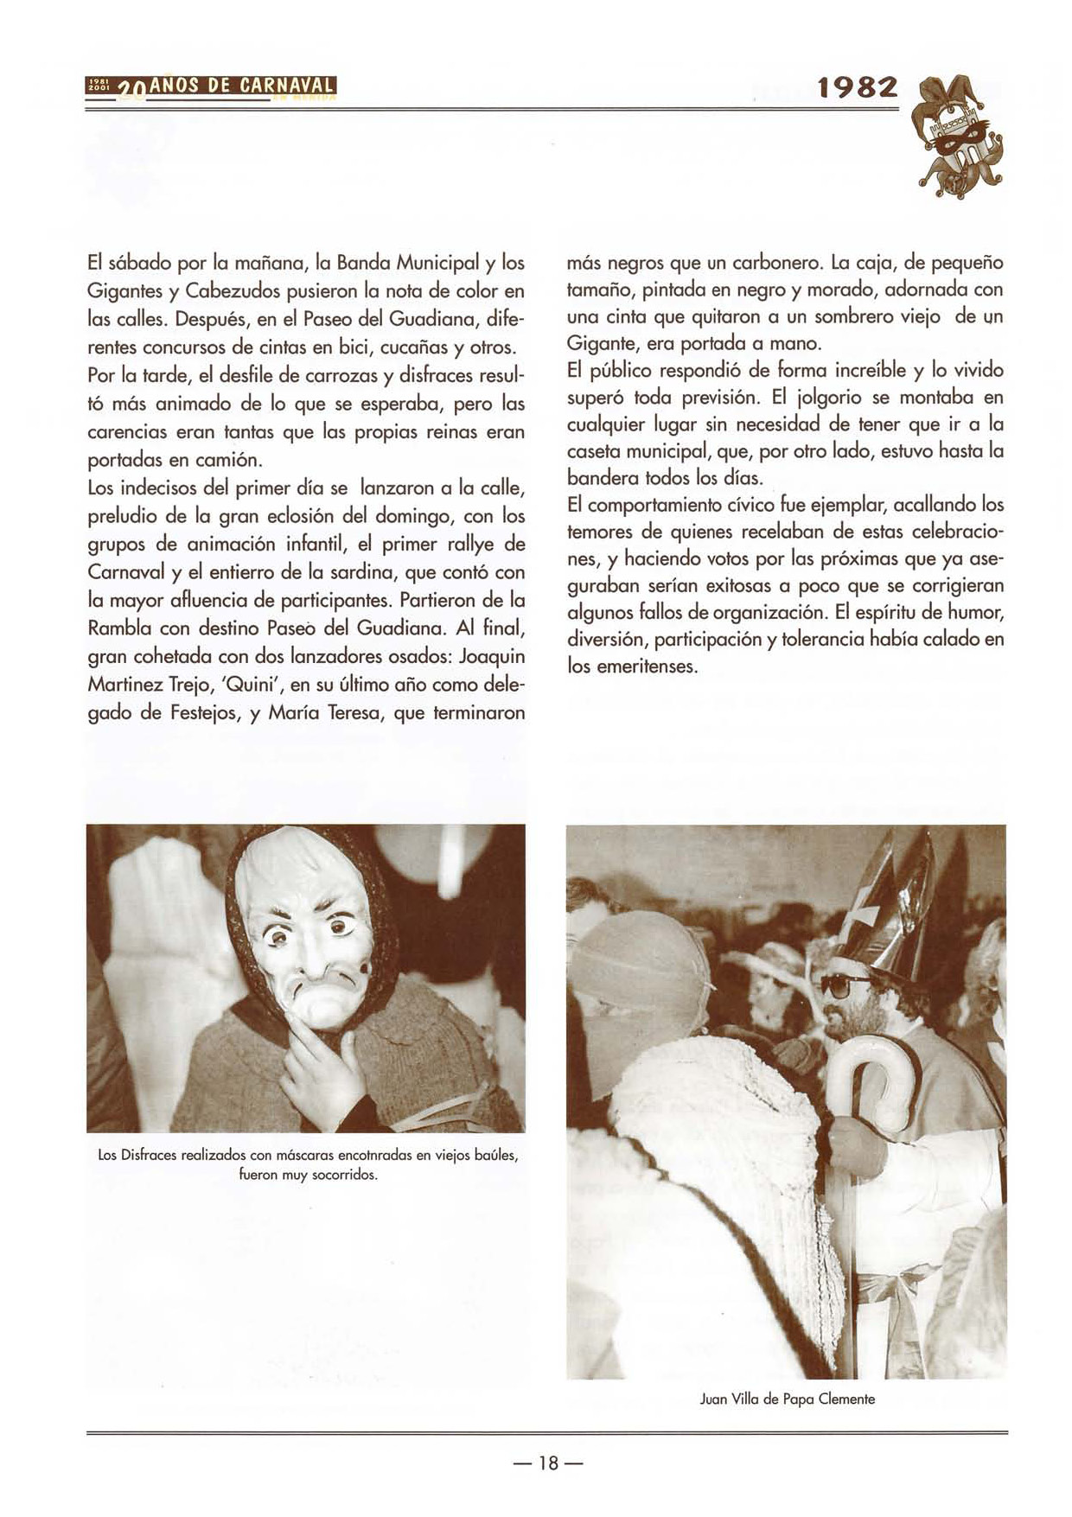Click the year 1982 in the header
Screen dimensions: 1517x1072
(858, 88)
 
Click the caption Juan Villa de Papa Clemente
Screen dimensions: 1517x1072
(787, 1399)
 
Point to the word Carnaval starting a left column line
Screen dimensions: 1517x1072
(130, 572)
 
